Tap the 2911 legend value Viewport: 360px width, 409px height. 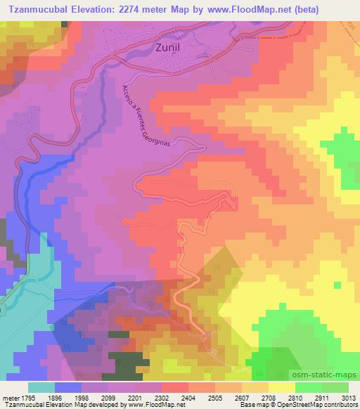tap(317, 396)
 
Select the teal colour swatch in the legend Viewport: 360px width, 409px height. tap(41, 387)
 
